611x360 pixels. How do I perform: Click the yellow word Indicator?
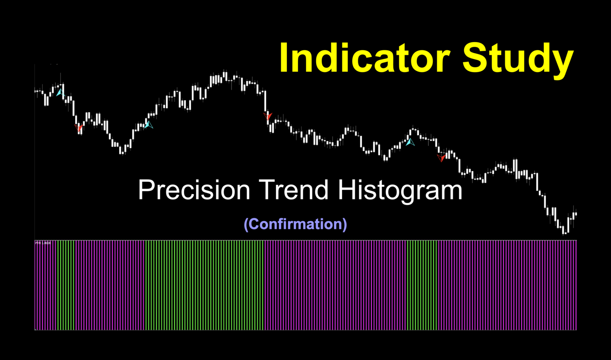point(364,58)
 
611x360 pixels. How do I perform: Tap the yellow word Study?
point(518,58)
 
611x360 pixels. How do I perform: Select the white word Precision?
point(194,190)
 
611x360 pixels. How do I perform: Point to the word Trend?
point(294,190)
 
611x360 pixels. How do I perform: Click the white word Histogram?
point(400,190)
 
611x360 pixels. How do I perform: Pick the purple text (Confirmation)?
point(295,224)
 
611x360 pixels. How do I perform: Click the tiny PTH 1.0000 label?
point(43,243)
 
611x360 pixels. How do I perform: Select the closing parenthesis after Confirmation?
point(344,224)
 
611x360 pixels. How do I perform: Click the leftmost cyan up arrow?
point(60,93)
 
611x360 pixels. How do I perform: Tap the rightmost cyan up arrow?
point(410,141)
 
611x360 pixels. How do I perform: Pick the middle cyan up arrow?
point(148,125)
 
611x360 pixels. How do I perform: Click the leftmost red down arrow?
point(79,128)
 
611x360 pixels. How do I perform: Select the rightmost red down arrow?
point(441,158)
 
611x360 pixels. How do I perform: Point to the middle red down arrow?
point(268,116)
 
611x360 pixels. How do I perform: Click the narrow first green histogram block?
point(66,285)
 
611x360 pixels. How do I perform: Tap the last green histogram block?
point(422,285)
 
